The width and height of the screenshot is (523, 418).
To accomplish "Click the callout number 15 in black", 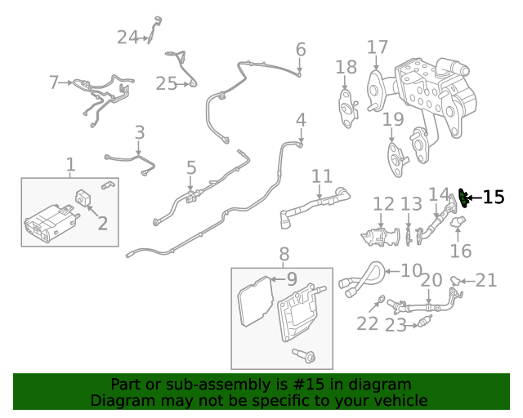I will click(494, 197).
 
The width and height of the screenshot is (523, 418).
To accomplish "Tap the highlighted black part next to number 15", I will click(465, 196).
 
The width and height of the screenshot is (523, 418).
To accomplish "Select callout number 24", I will click(127, 37).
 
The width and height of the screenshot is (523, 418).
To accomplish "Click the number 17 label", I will click(377, 47).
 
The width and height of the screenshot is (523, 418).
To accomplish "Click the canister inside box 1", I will click(49, 224).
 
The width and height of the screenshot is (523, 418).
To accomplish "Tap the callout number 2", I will click(102, 223).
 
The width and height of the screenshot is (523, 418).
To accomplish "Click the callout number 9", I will click(292, 279).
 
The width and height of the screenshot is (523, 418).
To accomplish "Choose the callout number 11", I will click(322, 176).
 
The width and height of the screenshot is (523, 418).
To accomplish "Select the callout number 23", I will click(396, 326).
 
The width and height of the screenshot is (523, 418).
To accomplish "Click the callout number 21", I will click(486, 281).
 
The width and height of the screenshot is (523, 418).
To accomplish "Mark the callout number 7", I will click(54, 82).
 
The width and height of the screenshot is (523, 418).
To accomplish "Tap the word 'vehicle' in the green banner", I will click(400, 401).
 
